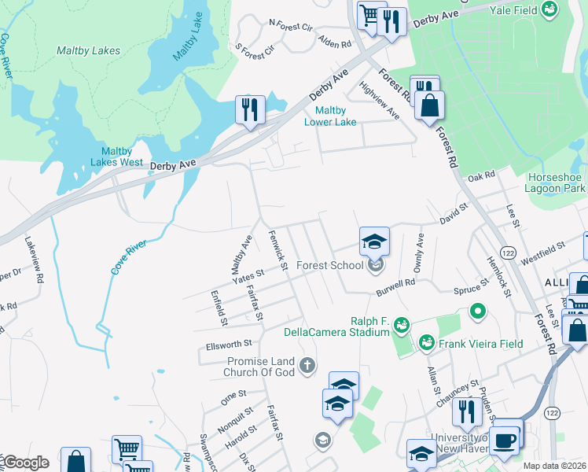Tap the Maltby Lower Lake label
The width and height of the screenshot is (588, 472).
331,116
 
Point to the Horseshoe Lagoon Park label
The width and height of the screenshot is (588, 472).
557,183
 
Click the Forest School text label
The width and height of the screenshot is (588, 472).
330,265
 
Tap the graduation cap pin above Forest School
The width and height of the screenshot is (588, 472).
375,241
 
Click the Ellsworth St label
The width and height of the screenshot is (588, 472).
228,343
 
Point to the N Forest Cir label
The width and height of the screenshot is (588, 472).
289,24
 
